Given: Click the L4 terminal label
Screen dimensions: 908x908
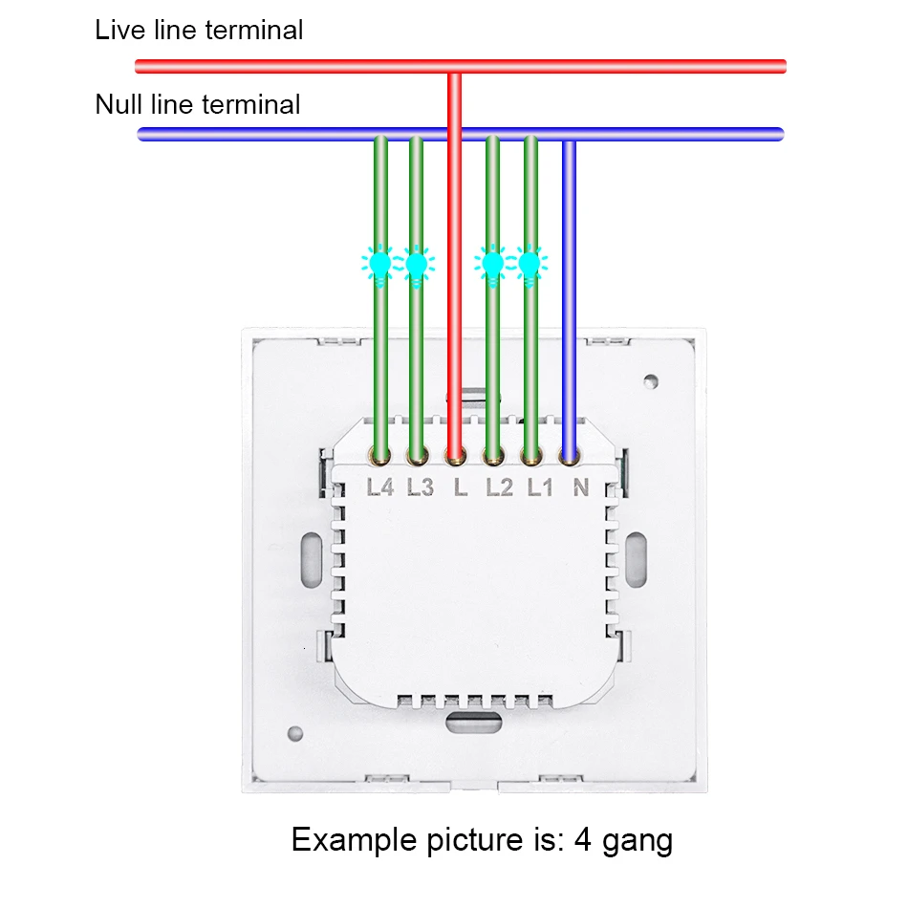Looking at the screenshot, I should click(x=380, y=487).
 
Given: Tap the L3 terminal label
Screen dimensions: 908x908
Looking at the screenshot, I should click(x=420, y=487).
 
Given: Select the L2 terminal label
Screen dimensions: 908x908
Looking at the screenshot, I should click(x=499, y=487).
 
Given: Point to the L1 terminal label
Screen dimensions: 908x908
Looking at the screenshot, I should click(x=540, y=487).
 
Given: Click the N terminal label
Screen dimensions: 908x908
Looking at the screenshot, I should click(x=579, y=487).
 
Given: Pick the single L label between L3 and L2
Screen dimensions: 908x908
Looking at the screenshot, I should click(x=460, y=487).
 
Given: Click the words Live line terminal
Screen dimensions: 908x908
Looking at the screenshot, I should click(x=199, y=30).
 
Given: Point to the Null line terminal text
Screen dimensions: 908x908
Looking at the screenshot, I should click(x=198, y=103).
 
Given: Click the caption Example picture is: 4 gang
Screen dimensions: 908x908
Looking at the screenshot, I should click(x=482, y=840).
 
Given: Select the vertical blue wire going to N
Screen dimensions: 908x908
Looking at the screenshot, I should click(x=570, y=287).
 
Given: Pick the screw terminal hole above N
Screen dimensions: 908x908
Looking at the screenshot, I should click(x=570, y=456).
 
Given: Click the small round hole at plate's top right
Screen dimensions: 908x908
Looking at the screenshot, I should click(x=651, y=380).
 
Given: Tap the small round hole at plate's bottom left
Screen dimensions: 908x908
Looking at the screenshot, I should click(x=295, y=734).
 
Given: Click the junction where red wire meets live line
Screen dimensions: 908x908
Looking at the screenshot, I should click(x=456, y=67).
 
